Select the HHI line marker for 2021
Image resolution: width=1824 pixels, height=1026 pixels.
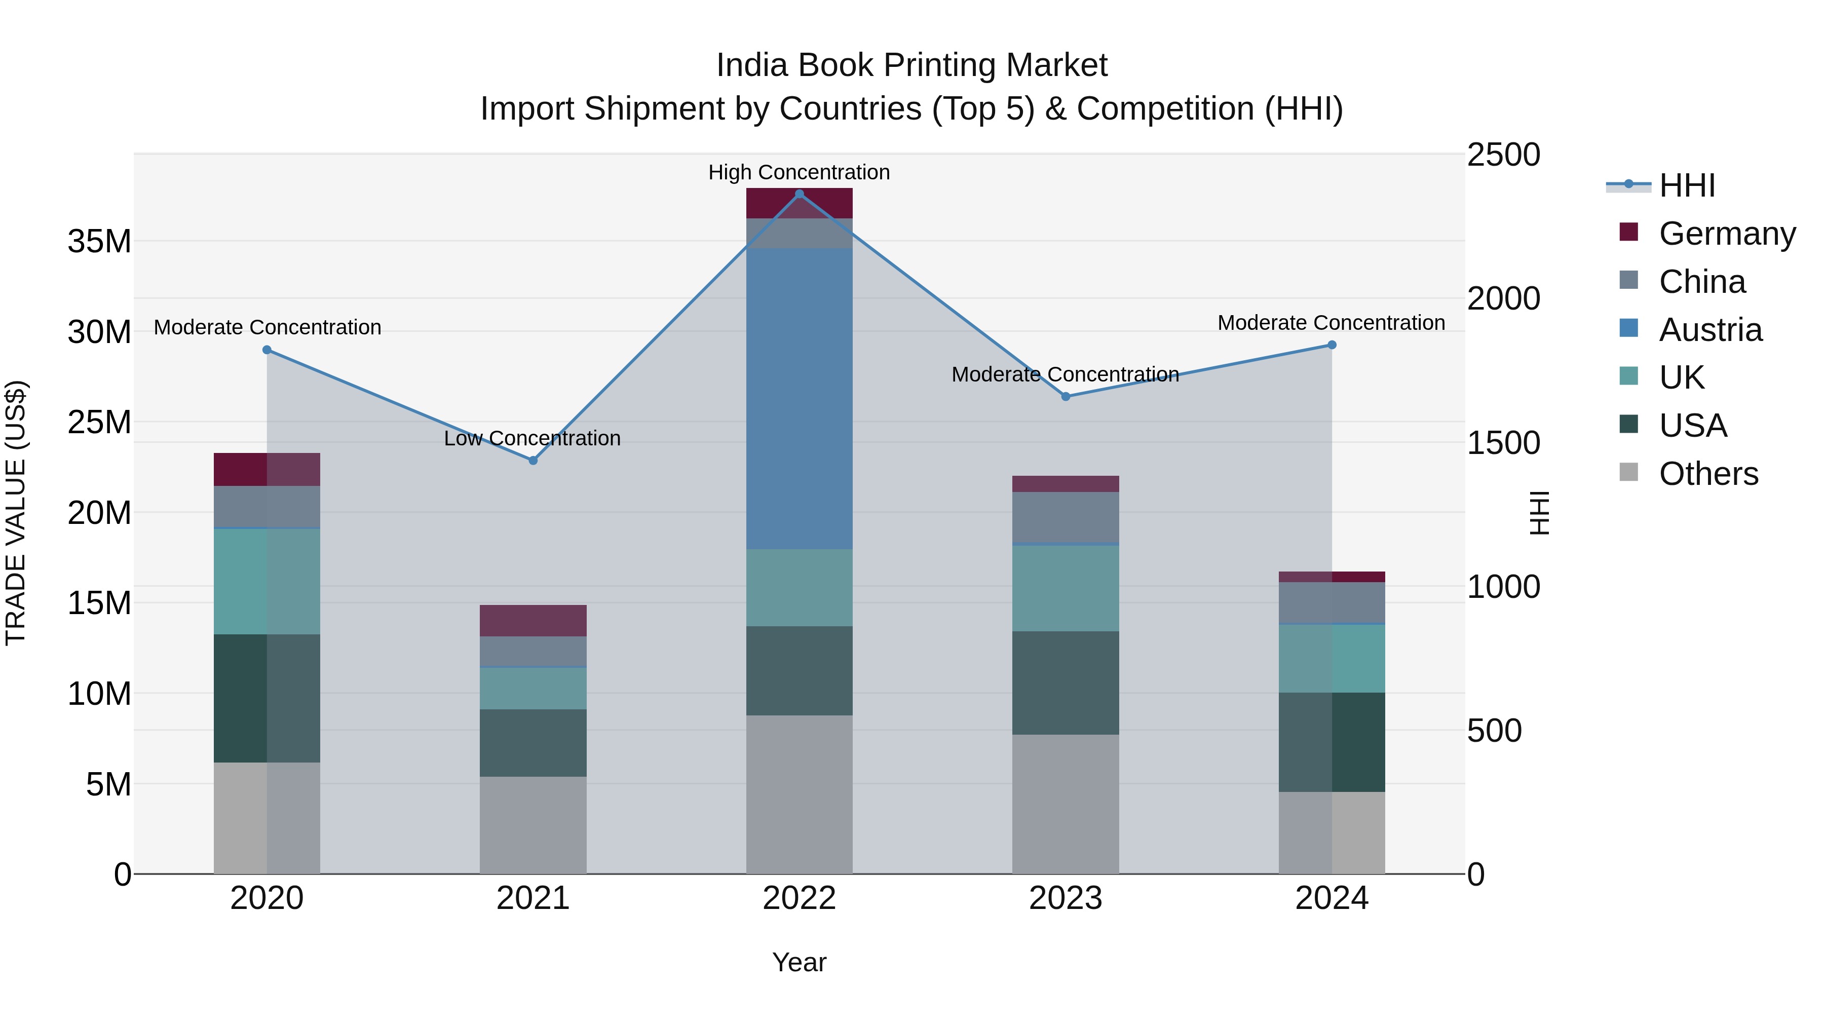coord(533,460)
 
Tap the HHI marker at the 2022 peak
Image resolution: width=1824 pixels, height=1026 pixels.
coord(800,194)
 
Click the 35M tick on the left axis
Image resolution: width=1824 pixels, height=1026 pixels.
coord(99,242)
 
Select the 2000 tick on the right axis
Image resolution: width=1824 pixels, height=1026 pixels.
coord(1503,299)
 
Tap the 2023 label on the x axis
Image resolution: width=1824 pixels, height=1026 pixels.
coord(1065,898)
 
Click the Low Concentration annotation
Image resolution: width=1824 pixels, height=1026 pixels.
coord(532,438)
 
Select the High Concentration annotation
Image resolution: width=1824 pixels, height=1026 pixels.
coord(799,172)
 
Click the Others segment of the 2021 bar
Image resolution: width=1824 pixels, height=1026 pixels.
coord(533,825)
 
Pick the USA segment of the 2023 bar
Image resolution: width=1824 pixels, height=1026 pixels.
coord(1065,682)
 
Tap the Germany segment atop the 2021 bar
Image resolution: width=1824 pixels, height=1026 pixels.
coord(533,620)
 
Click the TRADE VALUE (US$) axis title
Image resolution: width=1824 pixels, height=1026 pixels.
coord(16,513)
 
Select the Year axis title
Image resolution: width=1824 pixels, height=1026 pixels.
coord(799,962)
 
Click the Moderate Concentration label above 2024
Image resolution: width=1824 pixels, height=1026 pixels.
coord(1331,323)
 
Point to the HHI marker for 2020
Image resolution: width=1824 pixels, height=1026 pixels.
coord(267,350)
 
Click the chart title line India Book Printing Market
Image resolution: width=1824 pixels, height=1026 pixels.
coord(911,65)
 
